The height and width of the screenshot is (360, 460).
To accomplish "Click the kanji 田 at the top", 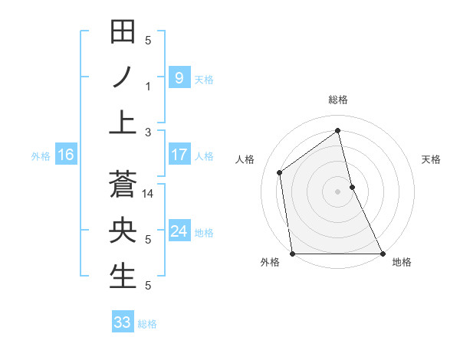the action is pos(123,33).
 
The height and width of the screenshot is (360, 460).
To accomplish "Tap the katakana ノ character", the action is pos(123,77).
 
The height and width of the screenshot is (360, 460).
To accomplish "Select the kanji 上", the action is pos(123,122).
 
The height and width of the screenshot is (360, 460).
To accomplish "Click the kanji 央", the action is pos(123,231).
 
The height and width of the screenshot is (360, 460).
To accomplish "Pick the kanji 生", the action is pos(123,276).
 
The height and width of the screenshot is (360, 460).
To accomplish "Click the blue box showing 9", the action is pos(179,77).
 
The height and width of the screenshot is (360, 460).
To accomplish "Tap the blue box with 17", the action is pos(179,155).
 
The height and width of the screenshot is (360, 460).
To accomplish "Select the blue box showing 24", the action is pos(179,231).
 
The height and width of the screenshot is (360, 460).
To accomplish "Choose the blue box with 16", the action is pos(66,155).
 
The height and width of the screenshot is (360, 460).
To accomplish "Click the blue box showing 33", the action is pos(122,322).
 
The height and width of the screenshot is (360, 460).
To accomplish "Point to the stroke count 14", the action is pos(149,195).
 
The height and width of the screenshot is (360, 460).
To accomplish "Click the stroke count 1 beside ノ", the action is pos(149,87).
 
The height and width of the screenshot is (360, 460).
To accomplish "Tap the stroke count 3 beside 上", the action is pos(149,132).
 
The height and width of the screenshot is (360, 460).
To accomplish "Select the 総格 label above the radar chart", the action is pos(337,100).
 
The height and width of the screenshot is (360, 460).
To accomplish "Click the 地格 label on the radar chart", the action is pos(402,263).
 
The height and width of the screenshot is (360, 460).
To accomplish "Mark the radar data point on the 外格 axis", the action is pos(292,254).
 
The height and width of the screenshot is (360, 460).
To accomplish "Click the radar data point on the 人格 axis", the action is pos(280,172).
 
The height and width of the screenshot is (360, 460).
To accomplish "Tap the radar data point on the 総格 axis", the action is pos(337,130).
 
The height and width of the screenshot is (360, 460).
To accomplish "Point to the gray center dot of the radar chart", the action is pos(337,191).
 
